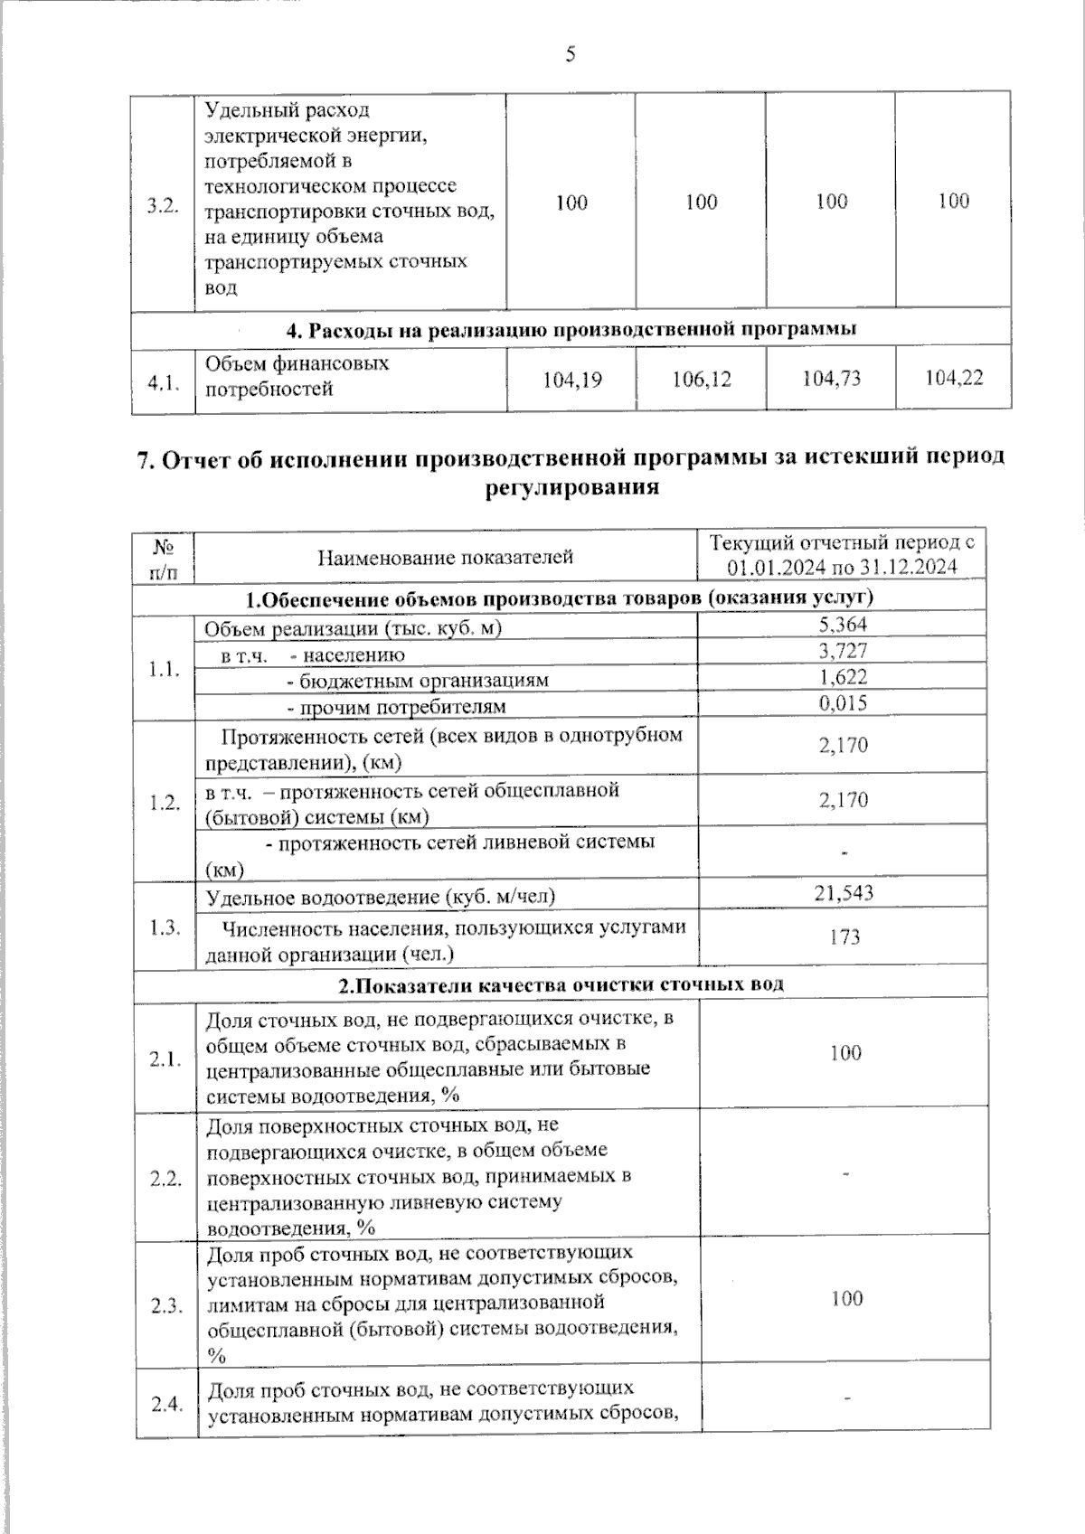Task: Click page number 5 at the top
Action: coord(570,55)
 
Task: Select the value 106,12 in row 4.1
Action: coord(702,379)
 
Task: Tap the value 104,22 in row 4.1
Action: coord(954,378)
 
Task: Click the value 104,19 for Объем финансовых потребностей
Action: coord(571,380)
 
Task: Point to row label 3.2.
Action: coord(163,205)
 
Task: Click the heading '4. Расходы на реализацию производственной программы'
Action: coord(571,329)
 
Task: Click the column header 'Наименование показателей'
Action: coord(446,557)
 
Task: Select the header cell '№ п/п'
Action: coord(164,558)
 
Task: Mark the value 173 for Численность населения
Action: coord(844,936)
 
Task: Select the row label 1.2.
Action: coord(165,803)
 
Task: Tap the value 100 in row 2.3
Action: coord(846,1298)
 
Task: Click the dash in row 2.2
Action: coord(846,1173)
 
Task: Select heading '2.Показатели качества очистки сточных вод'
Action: coord(561,984)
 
